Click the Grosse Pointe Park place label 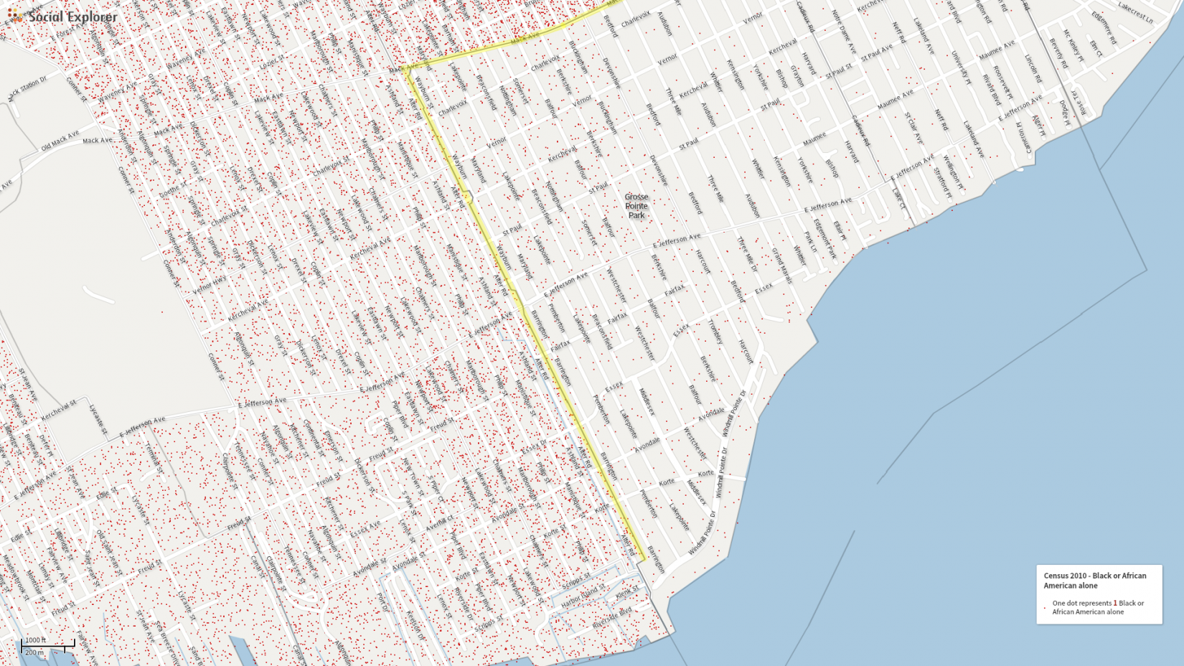(636, 206)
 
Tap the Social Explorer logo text (72, 17)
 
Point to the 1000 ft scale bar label (35, 640)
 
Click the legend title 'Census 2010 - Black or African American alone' (1094, 581)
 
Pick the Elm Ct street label (1096, 49)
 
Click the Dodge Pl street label (1064, 113)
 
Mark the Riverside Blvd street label (611, 619)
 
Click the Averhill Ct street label (439, 523)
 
